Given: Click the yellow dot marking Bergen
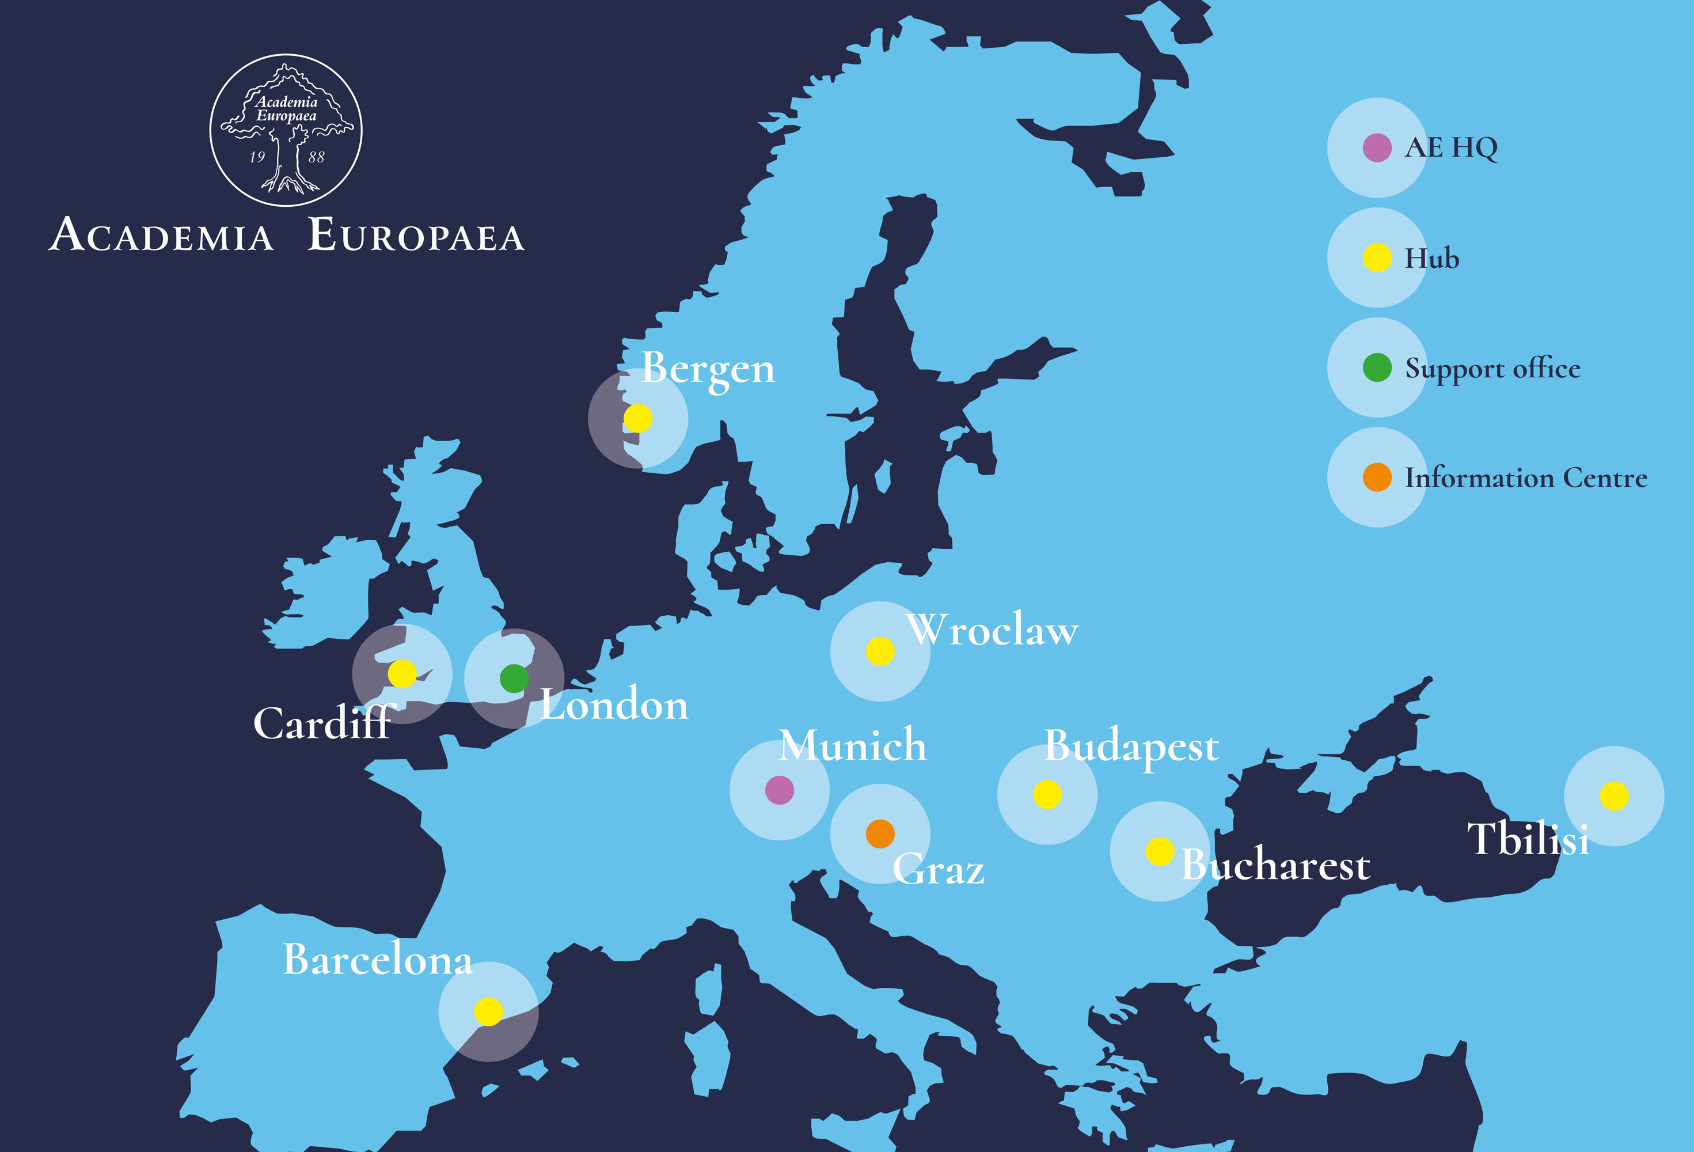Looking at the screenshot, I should [x=638, y=419].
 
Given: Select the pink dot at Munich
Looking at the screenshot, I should [x=779, y=790].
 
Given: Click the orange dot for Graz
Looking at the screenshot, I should [x=880, y=833].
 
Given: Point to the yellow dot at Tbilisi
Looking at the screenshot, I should [x=1614, y=795].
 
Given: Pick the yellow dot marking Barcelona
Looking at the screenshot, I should [x=488, y=1011].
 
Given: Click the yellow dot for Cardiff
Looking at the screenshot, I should [x=402, y=674].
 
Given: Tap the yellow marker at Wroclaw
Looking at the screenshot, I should [x=880, y=651].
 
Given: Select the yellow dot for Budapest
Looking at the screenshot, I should [x=1047, y=794].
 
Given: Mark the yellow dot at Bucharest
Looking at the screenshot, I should [x=1160, y=851].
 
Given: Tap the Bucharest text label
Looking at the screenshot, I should [x=1275, y=866].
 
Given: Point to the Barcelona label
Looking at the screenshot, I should [x=378, y=959].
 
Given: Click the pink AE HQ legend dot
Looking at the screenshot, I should [x=1377, y=148].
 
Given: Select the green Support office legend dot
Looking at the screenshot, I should [x=1377, y=367].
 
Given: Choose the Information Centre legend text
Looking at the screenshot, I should [x=1526, y=478].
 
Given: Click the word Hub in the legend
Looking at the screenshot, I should [x=1431, y=259].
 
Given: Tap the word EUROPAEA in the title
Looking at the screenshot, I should [x=416, y=236].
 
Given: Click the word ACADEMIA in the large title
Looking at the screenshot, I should [x=161, y=236].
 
